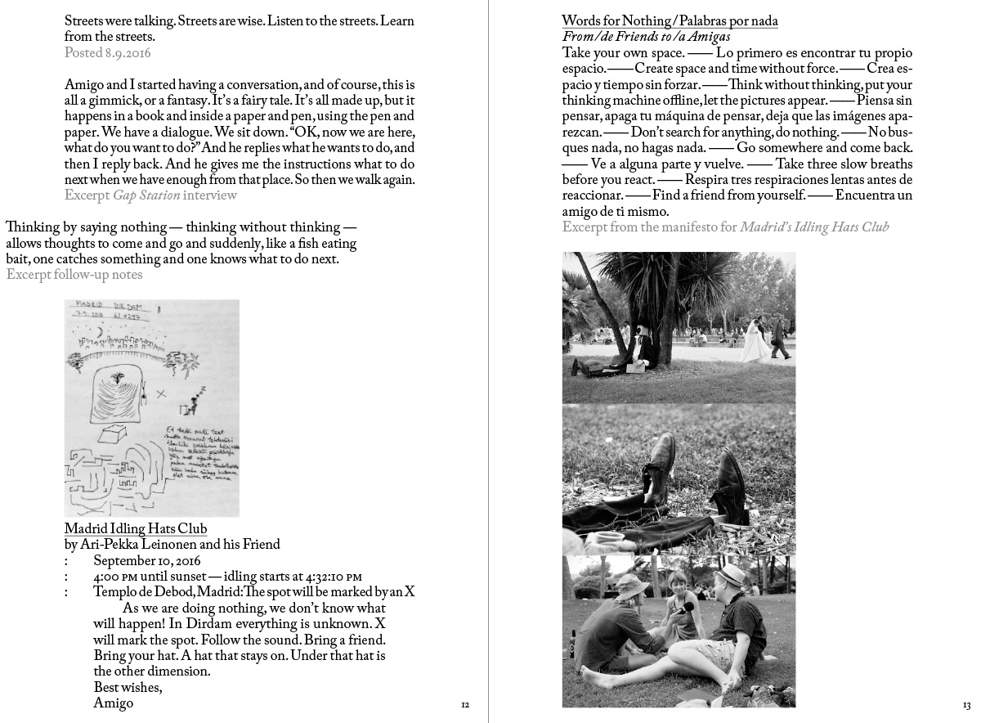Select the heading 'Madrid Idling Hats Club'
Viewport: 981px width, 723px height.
coord(135,528)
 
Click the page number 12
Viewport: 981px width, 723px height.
coord(465,704)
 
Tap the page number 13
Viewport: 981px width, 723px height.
coord(966,704)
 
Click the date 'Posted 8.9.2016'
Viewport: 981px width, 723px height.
coord(107,52)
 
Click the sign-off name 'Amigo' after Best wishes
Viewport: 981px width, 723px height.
coord(113,703)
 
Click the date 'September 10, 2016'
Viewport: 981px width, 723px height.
coord(146,560)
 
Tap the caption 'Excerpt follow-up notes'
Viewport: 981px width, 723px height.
coord(74,275)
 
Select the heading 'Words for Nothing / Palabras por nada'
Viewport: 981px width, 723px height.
coord(670,21)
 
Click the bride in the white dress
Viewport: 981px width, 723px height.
coord(754,341)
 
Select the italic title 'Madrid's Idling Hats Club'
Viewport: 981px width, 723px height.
coord(814,227)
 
